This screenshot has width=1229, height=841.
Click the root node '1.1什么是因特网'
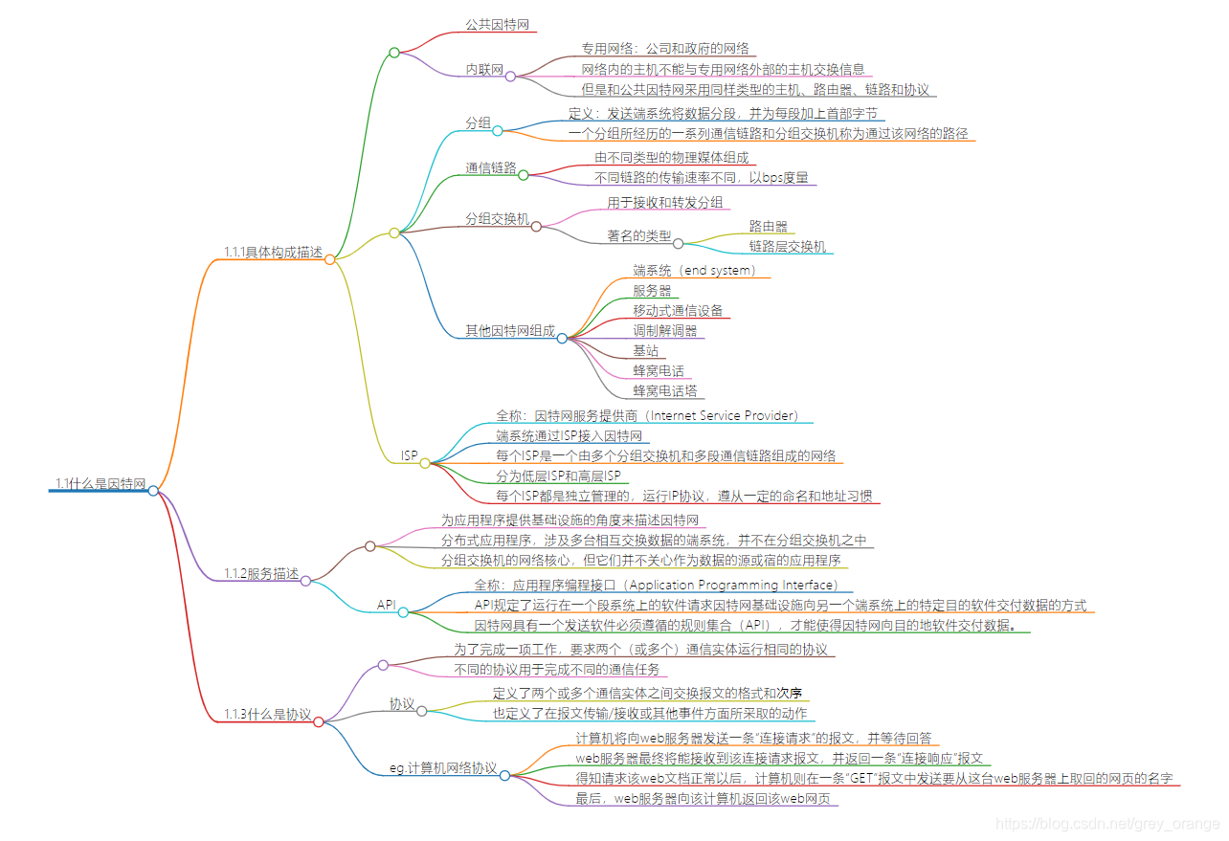pos(100,484)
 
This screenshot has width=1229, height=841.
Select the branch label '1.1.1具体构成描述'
pos(273,253)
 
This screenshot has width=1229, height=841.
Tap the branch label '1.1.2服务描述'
pos(260,574)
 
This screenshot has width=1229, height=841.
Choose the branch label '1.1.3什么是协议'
pos(267,715)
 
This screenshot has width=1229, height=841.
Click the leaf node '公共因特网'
pos(498,25)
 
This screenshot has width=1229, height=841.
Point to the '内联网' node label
pos(484,70)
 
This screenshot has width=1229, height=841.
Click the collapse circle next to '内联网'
pos(511,76)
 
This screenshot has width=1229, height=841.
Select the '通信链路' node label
pos(490,168)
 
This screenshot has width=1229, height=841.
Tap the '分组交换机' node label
pos(497,219)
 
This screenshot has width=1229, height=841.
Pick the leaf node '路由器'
pos(769,227)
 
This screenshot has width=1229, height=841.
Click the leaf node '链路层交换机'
pos(787,247)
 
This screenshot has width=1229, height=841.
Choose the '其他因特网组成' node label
pos(509,331)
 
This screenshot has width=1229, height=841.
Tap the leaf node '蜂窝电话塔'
pos(664,391)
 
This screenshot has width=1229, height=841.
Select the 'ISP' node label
pos(409,456)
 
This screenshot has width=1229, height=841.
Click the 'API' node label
pos(387,605)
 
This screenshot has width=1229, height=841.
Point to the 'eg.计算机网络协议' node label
pos(443,768)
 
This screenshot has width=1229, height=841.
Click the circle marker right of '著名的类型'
pos(678,243)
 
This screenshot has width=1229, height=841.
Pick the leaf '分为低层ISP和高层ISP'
pos(558,476)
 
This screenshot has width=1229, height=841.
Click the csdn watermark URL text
pos(1107,824)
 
